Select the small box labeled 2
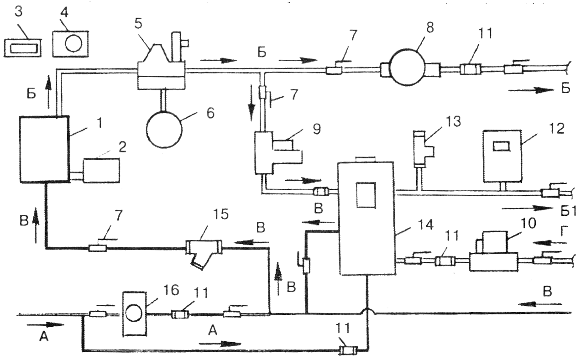(101, 171)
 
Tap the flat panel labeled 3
(22, 48)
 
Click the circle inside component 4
(73, 43)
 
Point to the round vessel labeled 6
(164, 130)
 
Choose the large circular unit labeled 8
(407, 67)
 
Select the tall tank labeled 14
(367, 218)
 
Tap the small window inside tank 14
(366, 195)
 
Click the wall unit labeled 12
(502, 157)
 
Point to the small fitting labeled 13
(421, 149)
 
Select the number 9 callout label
(317, 129)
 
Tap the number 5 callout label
(138, 24)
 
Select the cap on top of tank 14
(365, 159)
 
